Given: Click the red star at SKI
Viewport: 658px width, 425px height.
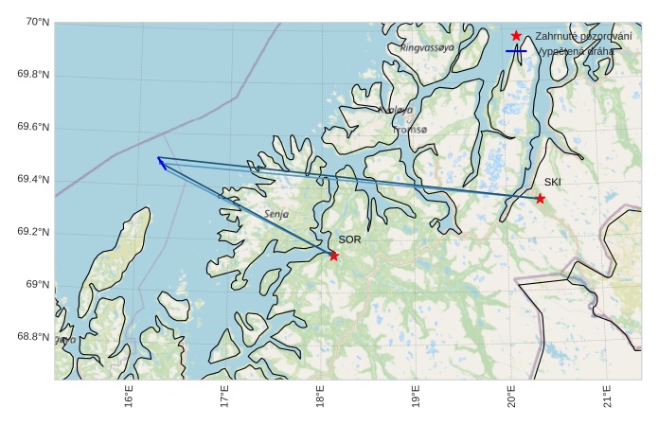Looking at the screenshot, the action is (540, 199).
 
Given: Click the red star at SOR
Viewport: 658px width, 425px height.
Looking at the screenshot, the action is (333, 256).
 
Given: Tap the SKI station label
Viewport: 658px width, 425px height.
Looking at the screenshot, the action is (552, 182).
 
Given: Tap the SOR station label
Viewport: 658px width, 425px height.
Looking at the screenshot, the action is (349, 239).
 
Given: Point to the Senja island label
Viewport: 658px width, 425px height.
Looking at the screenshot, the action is (276, 215).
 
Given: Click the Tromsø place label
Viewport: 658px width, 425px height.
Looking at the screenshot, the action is (410, 130).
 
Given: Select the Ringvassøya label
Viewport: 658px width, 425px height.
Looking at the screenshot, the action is (427, 47).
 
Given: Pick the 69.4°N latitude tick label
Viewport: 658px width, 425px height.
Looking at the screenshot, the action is (33, 180).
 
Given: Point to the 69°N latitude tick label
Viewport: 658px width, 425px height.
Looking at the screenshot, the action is (38, 285).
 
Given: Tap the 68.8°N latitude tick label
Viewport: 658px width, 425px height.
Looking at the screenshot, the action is (33, 337).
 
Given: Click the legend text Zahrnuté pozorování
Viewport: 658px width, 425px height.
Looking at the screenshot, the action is (583, 36).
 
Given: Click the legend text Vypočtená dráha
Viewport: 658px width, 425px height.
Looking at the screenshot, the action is (575, 51).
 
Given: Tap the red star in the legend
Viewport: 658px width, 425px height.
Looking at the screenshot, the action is (516, 36).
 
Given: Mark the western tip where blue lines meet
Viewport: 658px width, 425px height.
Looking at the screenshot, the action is (158, 158).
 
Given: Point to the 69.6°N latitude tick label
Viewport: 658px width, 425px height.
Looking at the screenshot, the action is (33, 128).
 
